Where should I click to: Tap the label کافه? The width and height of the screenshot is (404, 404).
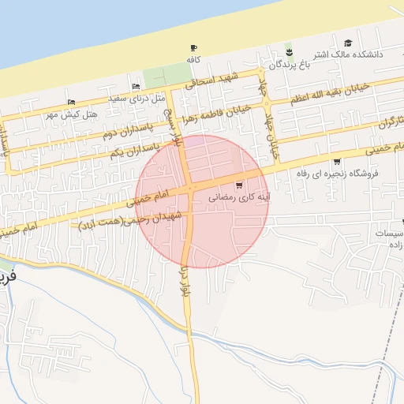point(193,59)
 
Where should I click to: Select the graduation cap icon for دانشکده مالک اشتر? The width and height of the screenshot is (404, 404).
point(349,43)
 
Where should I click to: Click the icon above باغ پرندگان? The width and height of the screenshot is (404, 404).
point(290,53)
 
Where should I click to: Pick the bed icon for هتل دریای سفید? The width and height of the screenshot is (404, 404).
point(137,87)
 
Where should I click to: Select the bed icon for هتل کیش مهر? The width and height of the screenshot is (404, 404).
point(72,102)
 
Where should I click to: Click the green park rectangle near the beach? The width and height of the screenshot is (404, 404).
point(156,78)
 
